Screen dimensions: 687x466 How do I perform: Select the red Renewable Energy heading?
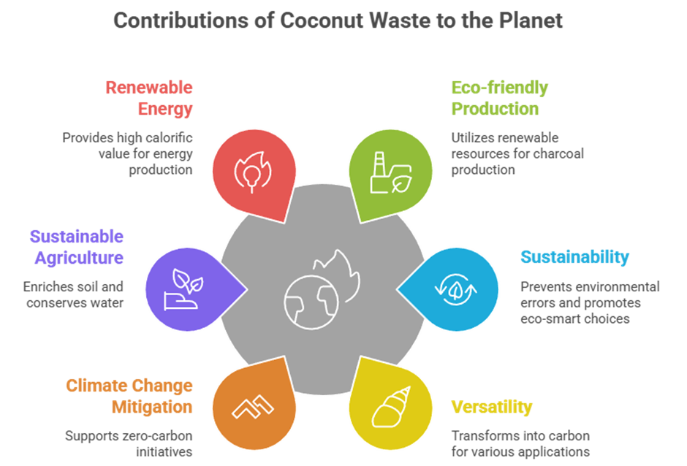pos(149,98)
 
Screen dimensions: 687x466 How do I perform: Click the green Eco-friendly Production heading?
pos(499,98)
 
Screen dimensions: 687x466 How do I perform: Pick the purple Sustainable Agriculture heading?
pos(77,247)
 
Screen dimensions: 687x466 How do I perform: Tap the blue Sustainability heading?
pos(575,257)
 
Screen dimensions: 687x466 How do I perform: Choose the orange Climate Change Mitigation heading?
pos(129,396)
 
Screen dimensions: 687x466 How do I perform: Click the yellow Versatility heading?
pos(492,407)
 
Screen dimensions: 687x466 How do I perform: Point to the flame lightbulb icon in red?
pos(253,172)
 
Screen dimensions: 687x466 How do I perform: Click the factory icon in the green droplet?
pos(391,172)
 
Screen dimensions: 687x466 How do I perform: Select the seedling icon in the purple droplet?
pos(184,289)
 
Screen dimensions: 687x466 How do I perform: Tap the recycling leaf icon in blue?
pos(455,289)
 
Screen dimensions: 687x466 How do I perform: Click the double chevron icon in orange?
pos(253,407)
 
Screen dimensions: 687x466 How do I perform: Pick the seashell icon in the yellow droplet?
pos(391,407)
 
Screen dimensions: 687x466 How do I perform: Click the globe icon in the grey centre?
pos(311,302)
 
